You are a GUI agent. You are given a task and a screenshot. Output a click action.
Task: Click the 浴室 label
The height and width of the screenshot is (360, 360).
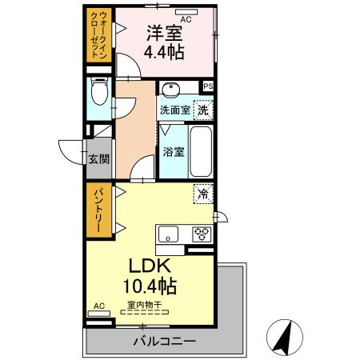pyautogui.click(x=174, y=151)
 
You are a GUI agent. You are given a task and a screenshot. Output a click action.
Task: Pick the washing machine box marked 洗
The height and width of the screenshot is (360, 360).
pyautogui.click(x=203, y=110)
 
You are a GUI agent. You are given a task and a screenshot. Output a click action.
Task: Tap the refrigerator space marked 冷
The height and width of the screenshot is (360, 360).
pyautogui.click(x=203, y=193)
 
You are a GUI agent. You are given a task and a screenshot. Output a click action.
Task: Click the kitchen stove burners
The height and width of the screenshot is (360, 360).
pyautogui.click(x=201, y=234)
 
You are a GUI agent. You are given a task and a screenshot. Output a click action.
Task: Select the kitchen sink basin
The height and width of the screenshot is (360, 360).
pyautogui.click(x=169, y=234)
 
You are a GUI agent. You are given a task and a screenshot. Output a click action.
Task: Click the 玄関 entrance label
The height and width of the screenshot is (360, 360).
pyautogui.click(x=99, y=158)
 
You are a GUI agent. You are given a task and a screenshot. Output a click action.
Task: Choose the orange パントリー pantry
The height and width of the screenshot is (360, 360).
pyautogui.click(x=97, y=210)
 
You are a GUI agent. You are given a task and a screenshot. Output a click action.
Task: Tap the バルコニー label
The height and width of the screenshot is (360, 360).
pyautogui.click(x=164, y=342)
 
